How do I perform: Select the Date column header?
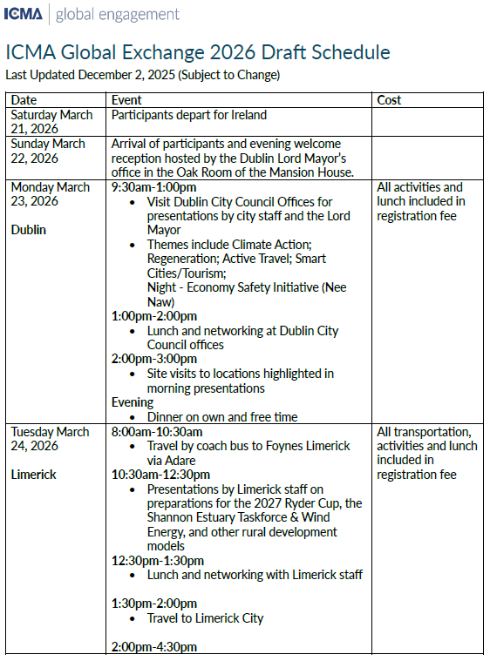point(24,100)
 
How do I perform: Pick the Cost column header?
point(389,100)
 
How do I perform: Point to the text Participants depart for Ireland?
point(189,115)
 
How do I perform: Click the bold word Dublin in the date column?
point(29,230)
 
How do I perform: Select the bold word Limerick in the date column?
point(33,475)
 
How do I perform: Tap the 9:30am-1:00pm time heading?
point(153,187)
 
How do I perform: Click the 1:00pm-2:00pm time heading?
point(154,316)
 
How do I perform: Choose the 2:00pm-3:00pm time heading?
point(154,359)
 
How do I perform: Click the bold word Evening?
point(133,402)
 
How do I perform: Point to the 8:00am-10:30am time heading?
point(157,432)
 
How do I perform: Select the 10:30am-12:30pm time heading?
point(161,475)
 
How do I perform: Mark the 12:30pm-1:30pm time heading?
point(158,561)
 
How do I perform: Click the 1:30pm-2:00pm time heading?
point(154,604)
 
